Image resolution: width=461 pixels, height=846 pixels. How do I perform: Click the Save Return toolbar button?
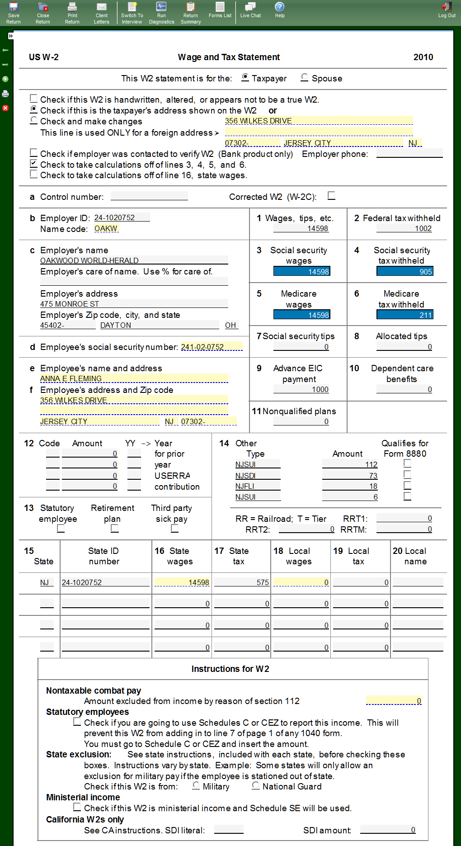[14, 13]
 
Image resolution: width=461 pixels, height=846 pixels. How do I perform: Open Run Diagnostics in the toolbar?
[161, 13]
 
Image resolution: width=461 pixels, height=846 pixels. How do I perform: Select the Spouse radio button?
[305, 78]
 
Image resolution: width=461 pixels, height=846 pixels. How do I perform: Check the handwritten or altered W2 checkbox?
[34, 99]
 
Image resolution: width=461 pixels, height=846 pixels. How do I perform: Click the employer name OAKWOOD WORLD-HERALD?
[89, 260]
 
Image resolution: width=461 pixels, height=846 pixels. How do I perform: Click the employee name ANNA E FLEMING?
[71, 379]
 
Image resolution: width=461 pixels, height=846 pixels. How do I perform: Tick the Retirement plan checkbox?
[115, 528]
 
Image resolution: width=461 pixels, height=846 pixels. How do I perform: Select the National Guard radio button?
[256, 786]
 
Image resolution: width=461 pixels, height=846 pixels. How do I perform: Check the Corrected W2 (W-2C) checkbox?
[332, 196]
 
